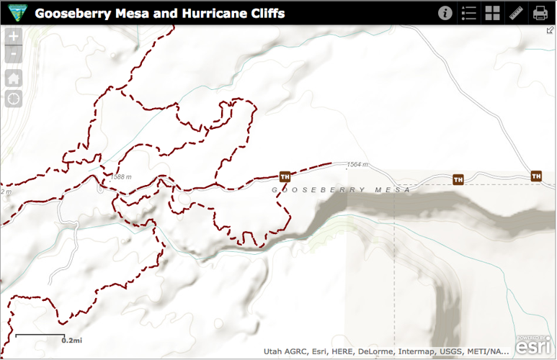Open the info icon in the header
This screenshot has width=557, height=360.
coord(445,13)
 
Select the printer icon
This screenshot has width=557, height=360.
coord(540,13)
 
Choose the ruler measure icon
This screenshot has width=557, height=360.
coord(516,13)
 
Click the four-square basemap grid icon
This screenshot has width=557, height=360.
coord(493,13)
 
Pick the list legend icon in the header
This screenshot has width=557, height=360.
coord(469,13)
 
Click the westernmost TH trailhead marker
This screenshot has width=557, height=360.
coord(285,176)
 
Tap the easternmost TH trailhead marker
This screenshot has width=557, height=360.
coord(536,176)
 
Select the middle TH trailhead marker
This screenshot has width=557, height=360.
coord(458,179)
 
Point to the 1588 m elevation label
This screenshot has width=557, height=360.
coord(122,176)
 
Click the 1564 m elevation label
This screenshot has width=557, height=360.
coord(357,165)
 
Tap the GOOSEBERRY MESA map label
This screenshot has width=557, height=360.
coord(341,190)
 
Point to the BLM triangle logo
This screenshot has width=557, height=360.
coord(16,13)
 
